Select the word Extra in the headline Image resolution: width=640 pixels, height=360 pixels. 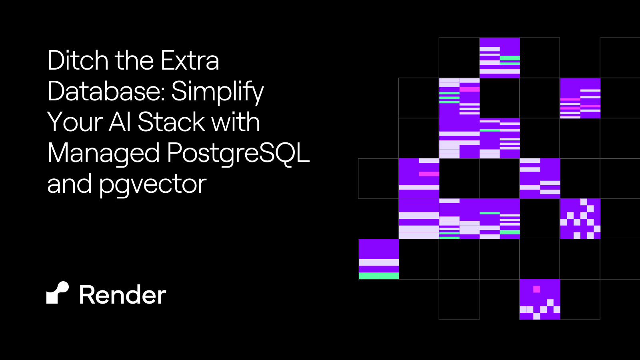point(190,60)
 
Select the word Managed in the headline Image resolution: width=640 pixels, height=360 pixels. point(103,154)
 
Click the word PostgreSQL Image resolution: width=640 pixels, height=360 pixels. point(238,154)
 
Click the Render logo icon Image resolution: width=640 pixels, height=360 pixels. point(58,293)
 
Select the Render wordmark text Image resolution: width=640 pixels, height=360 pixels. point(122,295)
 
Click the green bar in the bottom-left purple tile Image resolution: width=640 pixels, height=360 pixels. point(378,276)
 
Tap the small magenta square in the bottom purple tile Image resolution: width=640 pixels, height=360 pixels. point(536,289)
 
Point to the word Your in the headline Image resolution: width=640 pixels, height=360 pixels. point(74,122)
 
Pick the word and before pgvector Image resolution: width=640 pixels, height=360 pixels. point(69,184)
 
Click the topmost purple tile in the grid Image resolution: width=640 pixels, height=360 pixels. point(499,58)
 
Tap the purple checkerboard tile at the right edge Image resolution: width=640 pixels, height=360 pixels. point(580,219)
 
